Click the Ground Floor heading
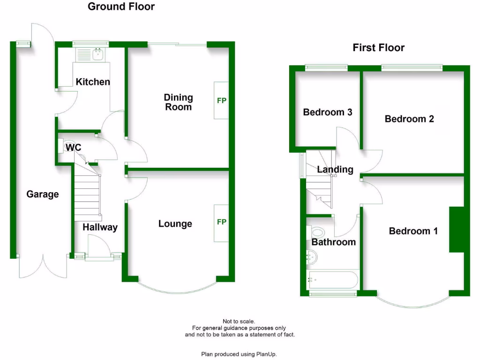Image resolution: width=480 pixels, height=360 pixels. point(121,7)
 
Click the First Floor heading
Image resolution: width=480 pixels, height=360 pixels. point(378,48)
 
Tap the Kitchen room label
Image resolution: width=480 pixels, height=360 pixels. point(93,82)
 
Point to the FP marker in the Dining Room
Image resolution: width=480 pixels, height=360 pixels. point(221,100)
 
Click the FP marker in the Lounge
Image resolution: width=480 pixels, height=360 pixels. point(221,222)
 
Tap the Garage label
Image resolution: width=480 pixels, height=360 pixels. point(43,194)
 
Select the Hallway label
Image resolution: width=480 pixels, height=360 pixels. point(100,227)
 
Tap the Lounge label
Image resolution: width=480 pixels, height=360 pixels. point(175,224)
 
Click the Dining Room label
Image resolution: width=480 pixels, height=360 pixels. point(178,102)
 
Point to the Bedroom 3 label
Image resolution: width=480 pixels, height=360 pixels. point(327,112)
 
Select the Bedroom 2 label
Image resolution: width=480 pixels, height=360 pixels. point(409,119)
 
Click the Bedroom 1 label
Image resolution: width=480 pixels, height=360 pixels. point(413,231)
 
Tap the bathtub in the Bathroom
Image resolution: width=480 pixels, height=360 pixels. point(333,280)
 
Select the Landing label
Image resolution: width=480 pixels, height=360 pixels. point(335,170)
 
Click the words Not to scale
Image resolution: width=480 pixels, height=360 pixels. point(239,322)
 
